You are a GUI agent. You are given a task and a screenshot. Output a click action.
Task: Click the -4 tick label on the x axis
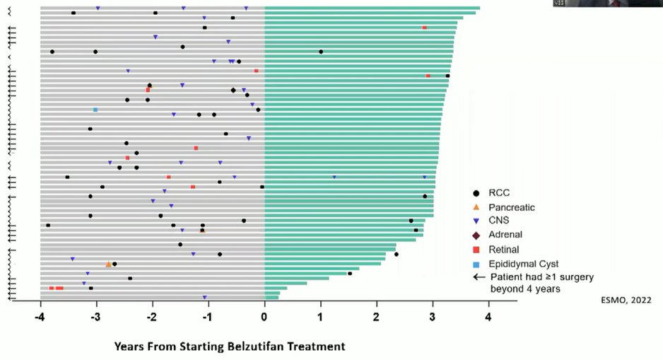(x=40, y=317)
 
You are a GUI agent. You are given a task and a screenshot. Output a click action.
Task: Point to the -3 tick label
(x=95, y=317)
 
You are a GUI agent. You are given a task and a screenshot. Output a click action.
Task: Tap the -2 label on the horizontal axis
(x=151, y=317)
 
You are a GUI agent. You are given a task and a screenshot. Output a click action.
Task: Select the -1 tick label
(x=207, y=317)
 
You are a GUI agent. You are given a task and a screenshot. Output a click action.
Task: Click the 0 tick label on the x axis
(x=264, y=317)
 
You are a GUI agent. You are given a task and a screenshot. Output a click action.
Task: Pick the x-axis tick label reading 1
(x=320, y=317)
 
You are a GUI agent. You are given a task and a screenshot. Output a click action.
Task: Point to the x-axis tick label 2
(x=376, y=317)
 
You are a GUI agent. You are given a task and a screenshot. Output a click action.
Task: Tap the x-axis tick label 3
(x=433, y=317)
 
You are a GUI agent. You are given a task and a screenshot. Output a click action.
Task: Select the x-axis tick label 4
(x=488, y=317)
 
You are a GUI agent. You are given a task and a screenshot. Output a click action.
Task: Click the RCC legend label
(x=499, y=193)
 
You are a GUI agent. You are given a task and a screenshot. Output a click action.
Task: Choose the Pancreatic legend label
(x=512, y=207)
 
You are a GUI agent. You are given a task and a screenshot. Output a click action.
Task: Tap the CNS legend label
(x=499, y=221)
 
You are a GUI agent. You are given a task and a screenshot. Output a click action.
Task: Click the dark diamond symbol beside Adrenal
(x=476, y=236)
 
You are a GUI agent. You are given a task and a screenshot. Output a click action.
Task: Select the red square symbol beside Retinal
(x=476, y=250)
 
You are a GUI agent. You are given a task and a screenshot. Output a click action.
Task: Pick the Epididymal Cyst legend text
(x=524, y=265)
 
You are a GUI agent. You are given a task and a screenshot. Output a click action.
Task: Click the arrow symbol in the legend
(x=479, y=277)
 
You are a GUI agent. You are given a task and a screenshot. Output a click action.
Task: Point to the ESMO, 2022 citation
(x=626, y=301)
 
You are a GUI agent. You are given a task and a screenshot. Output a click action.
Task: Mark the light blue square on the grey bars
(x=95, y=110)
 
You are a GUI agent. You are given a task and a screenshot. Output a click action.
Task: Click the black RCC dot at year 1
(x=321, y=52)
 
